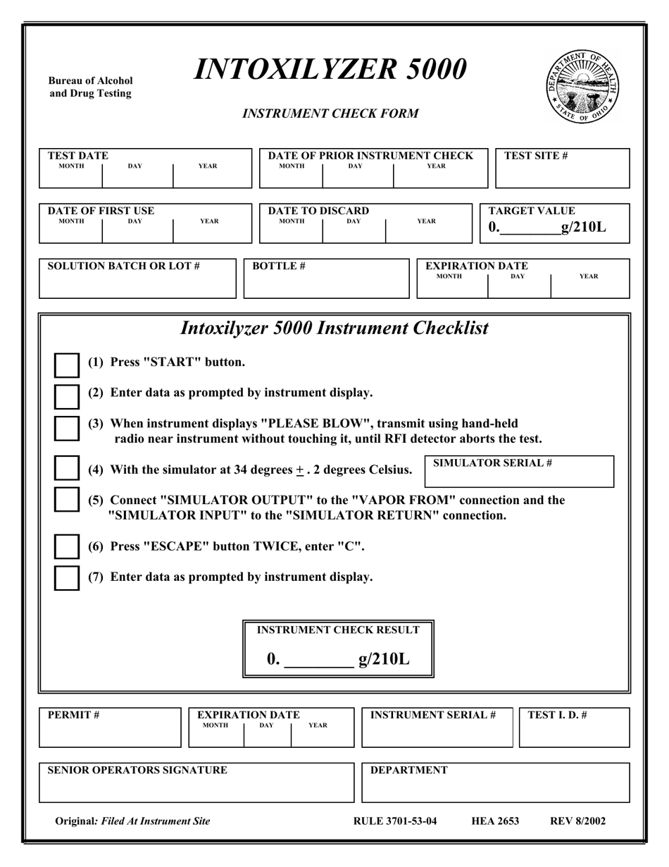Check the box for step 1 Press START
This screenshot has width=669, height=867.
coord(68,365)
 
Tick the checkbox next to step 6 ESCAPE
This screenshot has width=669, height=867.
coord(68,547)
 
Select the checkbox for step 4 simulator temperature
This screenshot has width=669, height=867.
coord(68,468)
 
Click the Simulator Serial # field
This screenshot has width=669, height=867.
coord(519,476)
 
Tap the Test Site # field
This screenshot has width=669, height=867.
coord(562,173)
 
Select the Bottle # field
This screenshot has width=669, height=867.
coord(325,284)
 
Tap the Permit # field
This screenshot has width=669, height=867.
coord(110,733)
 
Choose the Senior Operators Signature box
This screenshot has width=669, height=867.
coord(196,787)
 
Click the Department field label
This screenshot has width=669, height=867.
coord(408,770)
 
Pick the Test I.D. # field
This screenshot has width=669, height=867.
coord(574,733)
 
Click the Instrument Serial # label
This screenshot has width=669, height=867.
coord(432,715)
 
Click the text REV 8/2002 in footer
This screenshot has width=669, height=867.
coord(577,820)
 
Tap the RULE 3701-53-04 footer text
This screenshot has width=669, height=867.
coord(394,820)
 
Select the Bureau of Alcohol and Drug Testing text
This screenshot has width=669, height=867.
coord(90,87)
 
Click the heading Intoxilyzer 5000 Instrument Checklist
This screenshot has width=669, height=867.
coord(334,328)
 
